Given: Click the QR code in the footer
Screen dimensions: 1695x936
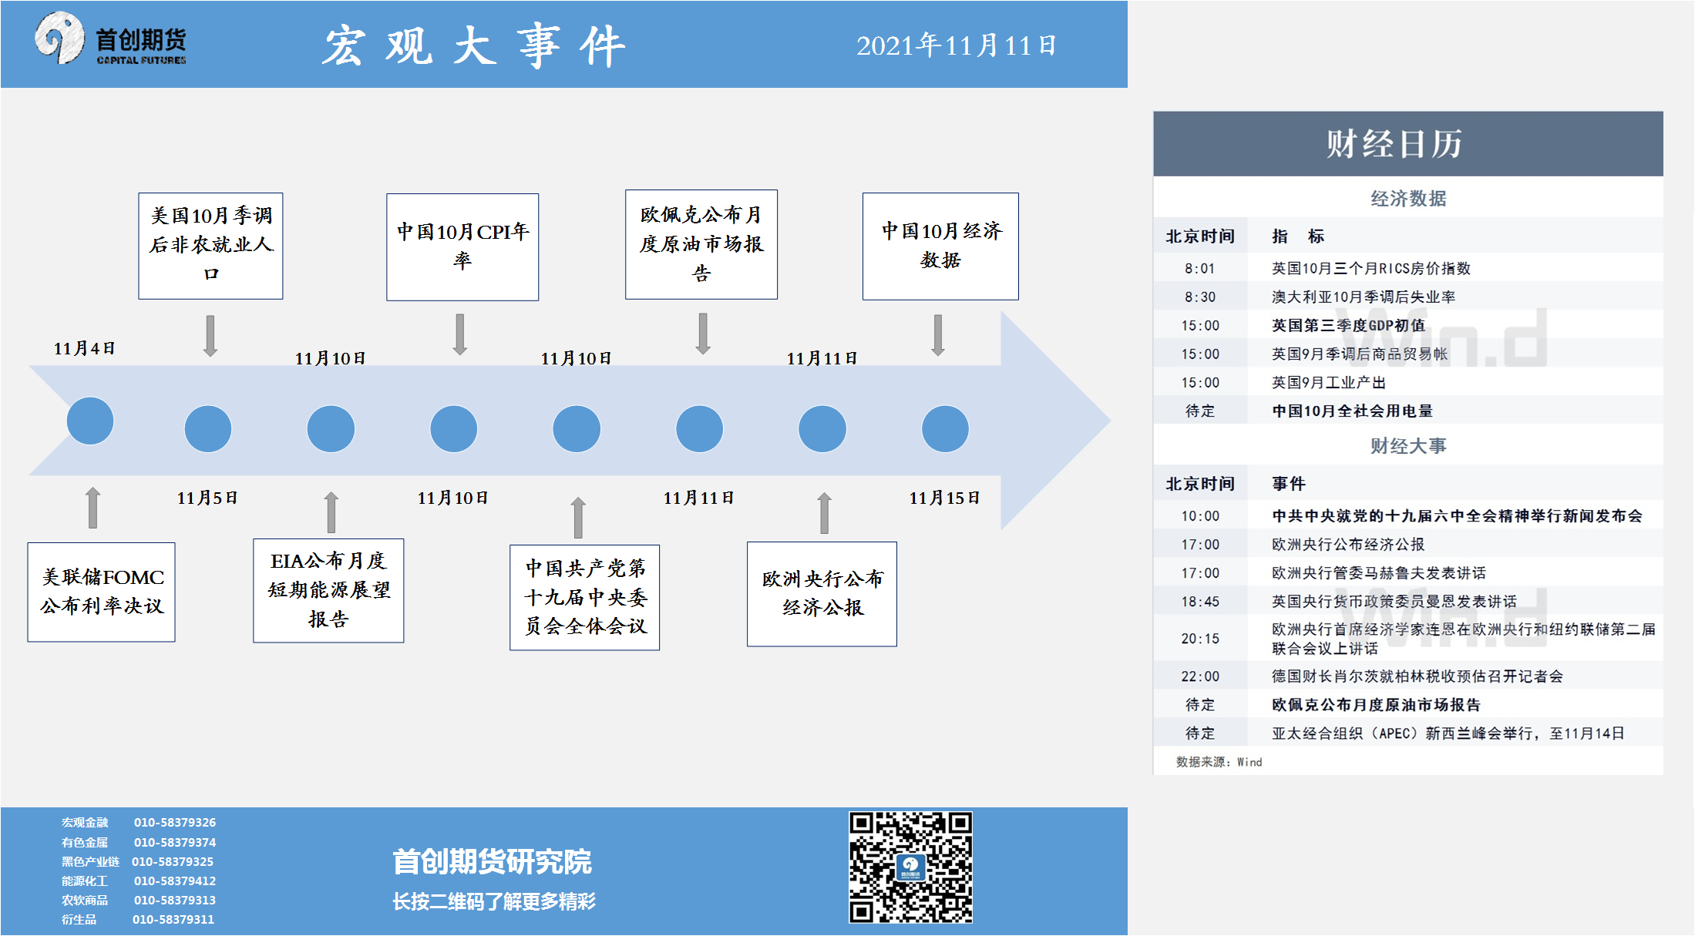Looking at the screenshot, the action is [x=910, y=867].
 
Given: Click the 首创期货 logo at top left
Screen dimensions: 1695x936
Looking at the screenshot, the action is [x=110, y=39].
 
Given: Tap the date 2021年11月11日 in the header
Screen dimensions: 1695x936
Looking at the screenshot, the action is [x=956, y=45].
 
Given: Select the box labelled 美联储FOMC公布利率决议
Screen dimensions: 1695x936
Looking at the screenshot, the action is [x=102, y=592].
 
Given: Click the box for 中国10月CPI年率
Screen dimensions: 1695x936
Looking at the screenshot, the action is [x=462, y=247].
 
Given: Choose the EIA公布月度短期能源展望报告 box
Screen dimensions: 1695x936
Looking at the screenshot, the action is [x=328, y=590].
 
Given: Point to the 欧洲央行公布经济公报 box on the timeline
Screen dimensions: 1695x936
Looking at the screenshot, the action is [x=822, y=593].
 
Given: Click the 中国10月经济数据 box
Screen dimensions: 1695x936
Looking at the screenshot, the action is [x=940, y=246].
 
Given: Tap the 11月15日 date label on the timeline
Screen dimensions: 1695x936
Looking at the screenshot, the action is [x=944, y=498].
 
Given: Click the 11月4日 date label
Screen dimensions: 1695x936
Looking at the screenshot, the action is [x=84, y=348].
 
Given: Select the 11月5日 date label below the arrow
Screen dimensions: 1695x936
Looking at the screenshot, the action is [x=207, y=498].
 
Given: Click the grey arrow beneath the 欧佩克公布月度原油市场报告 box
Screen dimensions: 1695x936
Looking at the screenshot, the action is [x=703, y=334].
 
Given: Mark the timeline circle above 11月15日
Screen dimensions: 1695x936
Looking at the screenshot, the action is [x=945, y=429].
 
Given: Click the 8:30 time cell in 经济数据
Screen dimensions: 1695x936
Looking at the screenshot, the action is [x=1200, y=297].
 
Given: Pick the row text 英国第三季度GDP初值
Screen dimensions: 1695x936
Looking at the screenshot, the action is [x=1348, y=325].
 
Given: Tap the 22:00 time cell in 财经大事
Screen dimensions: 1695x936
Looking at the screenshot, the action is [x=1200, y=676].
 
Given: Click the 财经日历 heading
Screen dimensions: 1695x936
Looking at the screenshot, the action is [x=1394, y=144].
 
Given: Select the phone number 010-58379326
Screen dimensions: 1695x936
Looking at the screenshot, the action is [x=175, y=822].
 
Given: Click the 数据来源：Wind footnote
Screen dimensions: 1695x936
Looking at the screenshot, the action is [x=1219, y=762].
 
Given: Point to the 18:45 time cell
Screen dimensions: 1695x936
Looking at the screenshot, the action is [x=1200, y=602].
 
